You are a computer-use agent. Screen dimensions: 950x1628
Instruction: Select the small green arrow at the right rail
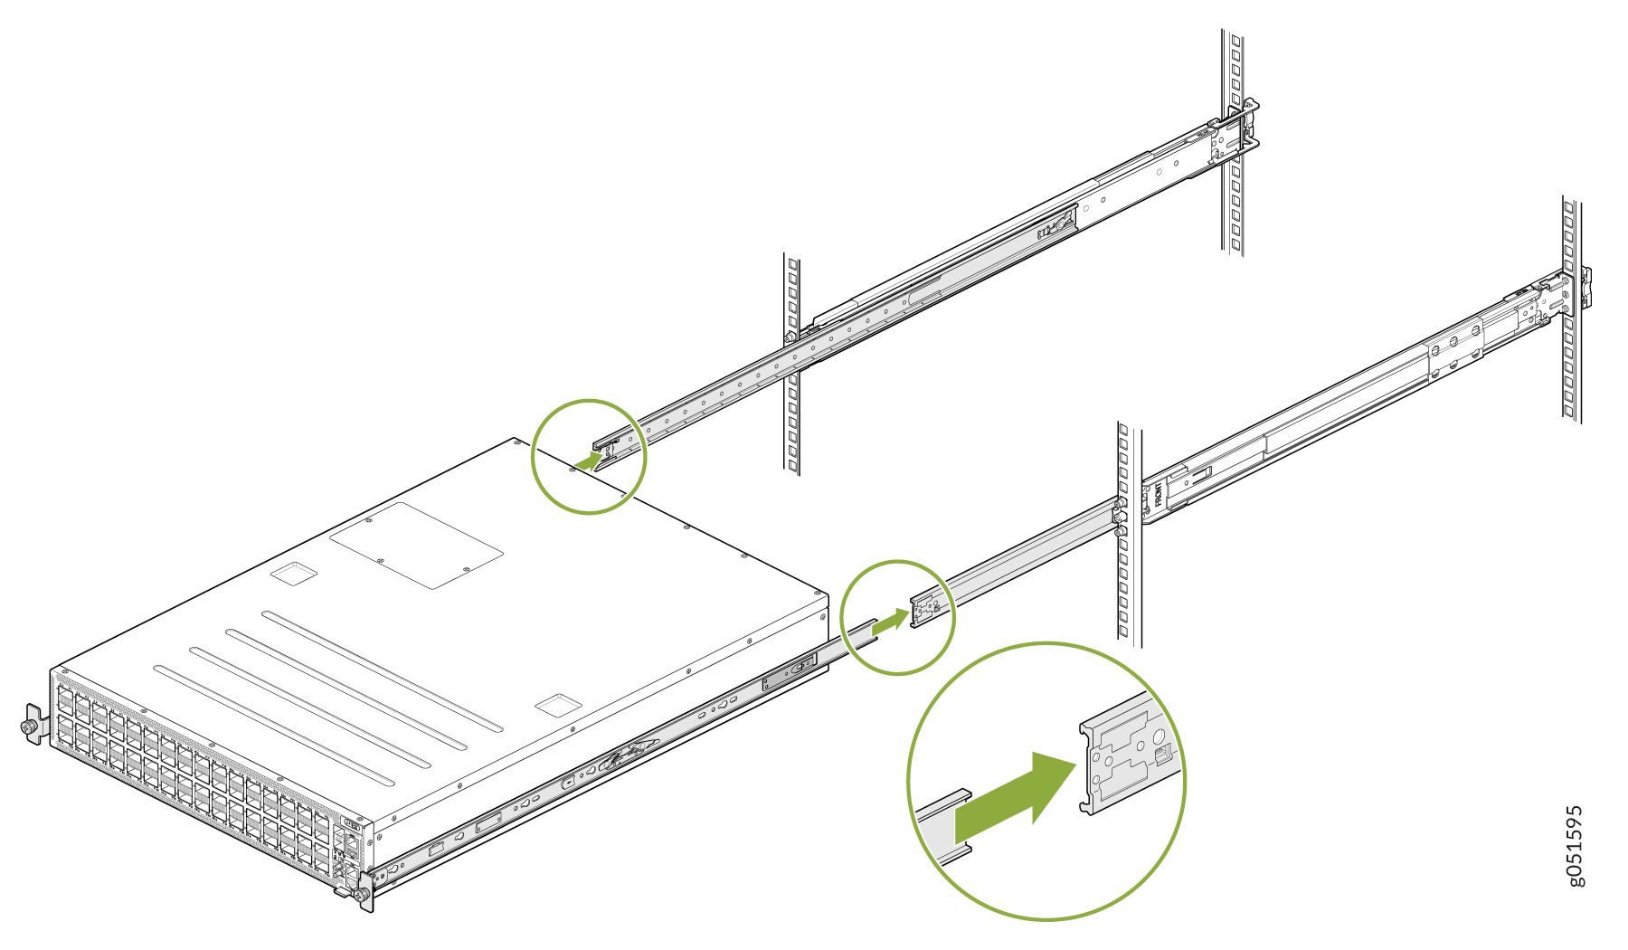[891, 622]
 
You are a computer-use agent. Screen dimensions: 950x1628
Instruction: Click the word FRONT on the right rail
[1158, 493]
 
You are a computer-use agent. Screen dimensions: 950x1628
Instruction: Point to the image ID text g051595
[1575, 846]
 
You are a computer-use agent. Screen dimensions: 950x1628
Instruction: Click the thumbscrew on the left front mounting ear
[30, 726]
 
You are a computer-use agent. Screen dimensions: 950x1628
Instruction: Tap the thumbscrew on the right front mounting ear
[363, 895]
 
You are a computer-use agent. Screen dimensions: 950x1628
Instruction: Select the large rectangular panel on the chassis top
[416, 545]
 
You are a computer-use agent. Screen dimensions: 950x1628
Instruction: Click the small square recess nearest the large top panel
[295, 574]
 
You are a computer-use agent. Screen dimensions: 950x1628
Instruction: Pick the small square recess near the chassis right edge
[558, 705]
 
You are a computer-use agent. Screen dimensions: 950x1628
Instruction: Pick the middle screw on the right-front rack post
[1120, 518]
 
